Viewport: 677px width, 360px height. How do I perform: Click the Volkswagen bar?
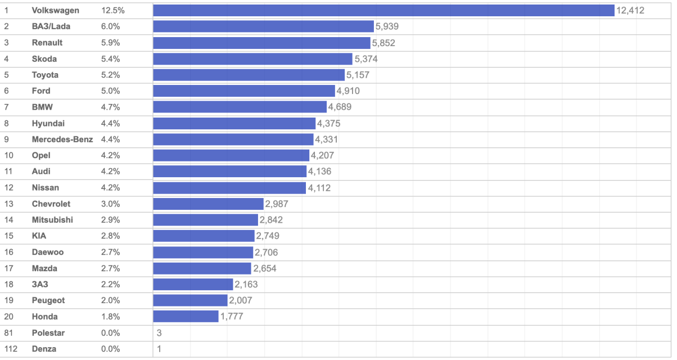pos(383,11)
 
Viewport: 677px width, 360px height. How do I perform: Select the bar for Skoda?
pos(253,59)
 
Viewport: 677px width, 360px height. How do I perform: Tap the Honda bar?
pos(186,317)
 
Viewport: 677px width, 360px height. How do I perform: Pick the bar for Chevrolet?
pos(208,204)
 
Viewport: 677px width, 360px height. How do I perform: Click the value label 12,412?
pos(630,11)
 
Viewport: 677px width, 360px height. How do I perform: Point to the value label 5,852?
pos(383,43)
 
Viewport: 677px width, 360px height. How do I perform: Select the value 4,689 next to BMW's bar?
pos(340,107)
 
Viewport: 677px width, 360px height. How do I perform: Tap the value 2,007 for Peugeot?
pos(241,300)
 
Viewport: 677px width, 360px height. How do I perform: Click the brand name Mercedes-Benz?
pos(62,139)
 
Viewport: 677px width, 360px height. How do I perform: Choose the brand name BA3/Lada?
pos(51,26)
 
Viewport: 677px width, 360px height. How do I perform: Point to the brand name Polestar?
pos(48,333)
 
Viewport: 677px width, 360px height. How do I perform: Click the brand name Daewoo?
pos(48,252)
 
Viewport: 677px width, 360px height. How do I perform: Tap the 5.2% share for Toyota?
pos(110,75)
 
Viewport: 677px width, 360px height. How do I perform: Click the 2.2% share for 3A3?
pos(110,285)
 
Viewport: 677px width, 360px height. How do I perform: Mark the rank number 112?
pos(11,349)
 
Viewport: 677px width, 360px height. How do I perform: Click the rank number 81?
pos(8,333)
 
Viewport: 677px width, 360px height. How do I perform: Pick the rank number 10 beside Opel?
pos(8,155)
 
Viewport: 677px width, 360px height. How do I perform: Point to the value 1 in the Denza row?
pos(159,349)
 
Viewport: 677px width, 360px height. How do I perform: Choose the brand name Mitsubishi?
pos(52,220)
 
